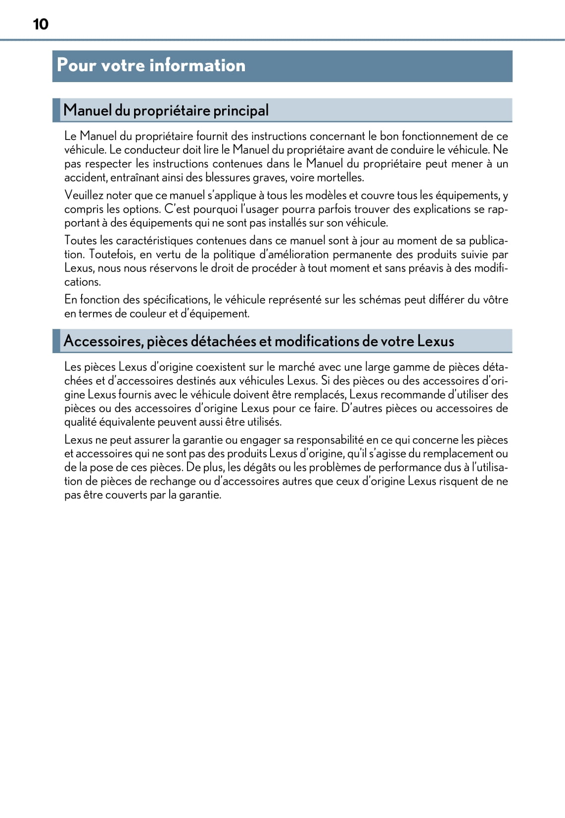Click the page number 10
(41, 24)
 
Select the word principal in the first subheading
(241, 110)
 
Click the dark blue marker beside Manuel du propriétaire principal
(56, 110)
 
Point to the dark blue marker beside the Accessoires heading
(56, 341)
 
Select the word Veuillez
(84, 195)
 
